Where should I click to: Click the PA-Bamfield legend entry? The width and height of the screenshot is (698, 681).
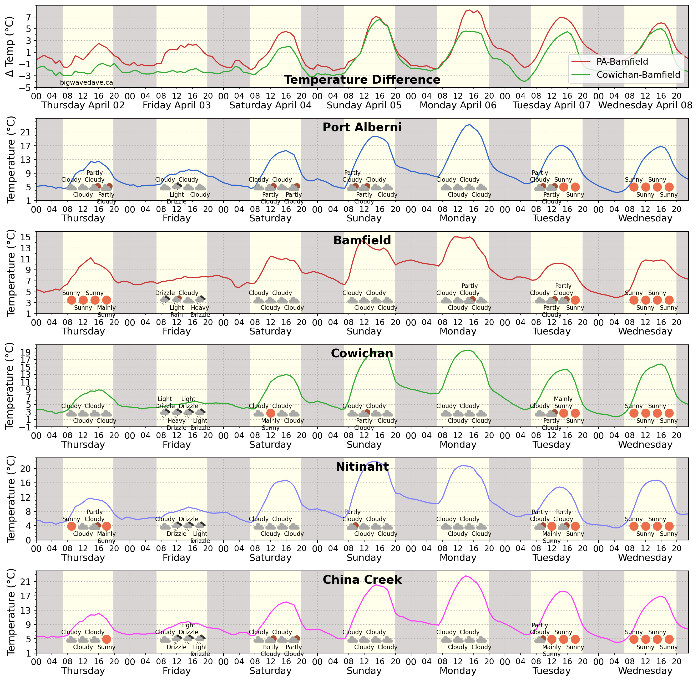coord(622,62)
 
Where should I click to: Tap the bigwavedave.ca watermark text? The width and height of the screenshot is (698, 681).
coord(86,82)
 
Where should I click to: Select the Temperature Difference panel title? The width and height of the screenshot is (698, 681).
coord(362,79)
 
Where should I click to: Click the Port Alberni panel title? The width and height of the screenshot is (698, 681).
coord(362,127)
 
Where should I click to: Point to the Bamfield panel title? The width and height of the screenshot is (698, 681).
coord(362,240)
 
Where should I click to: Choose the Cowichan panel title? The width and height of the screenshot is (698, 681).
coord(362,353)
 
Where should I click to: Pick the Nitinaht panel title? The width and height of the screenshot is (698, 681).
coord(362,466)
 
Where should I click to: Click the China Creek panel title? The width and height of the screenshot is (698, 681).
coord(362,580)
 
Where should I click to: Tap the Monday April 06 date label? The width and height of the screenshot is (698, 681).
coord(458,105)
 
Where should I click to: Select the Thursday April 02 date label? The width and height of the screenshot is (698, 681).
coord(83,105)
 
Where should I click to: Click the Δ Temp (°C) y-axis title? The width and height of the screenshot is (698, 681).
coord(10,47)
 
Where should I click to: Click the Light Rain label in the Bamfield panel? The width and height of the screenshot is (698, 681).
coord(176,311)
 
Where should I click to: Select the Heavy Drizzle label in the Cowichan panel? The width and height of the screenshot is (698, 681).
coord(176,424)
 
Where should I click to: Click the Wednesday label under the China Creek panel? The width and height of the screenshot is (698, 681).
coord(645,671)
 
